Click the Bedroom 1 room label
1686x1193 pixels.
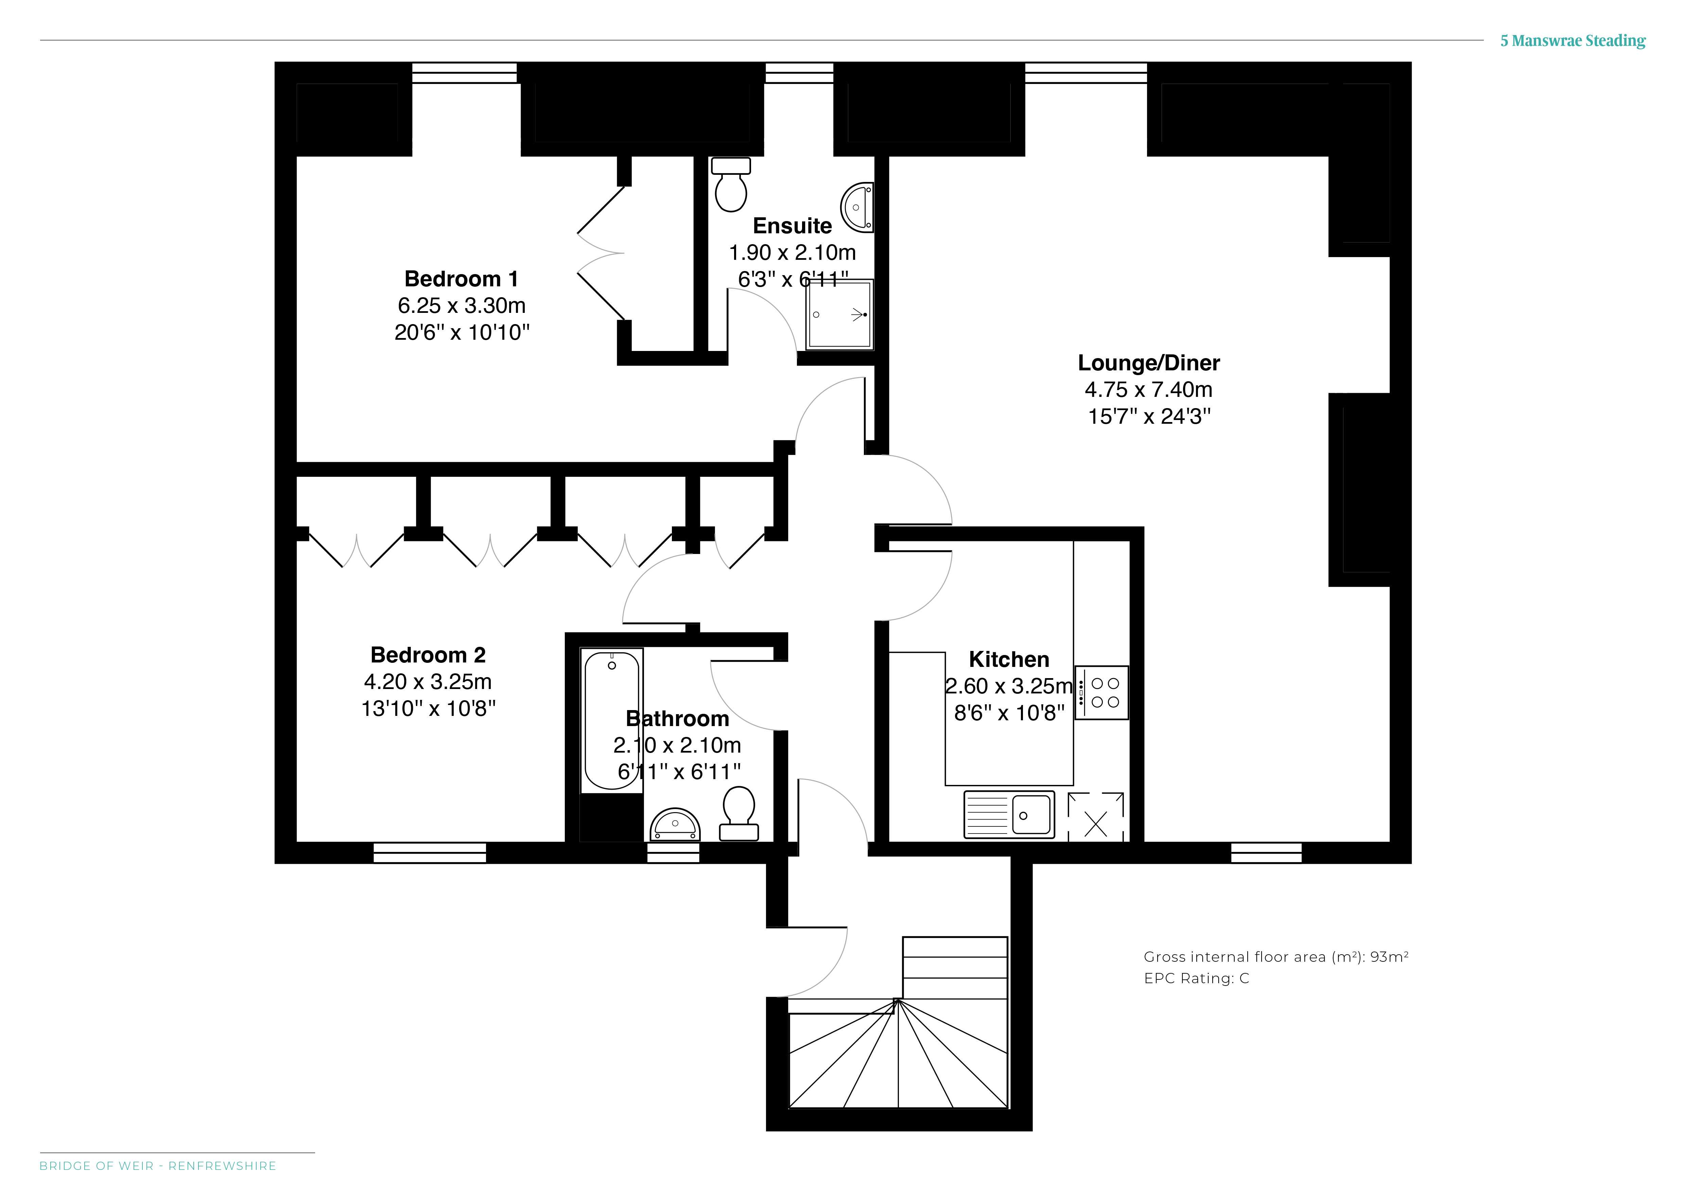461,279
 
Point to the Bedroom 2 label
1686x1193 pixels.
428,655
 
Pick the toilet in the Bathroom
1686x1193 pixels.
739,814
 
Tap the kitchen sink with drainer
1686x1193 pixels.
1009,815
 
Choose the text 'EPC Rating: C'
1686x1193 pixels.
1196,978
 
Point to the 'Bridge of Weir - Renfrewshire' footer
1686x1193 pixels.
158,1166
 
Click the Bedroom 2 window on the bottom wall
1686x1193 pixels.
430,853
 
